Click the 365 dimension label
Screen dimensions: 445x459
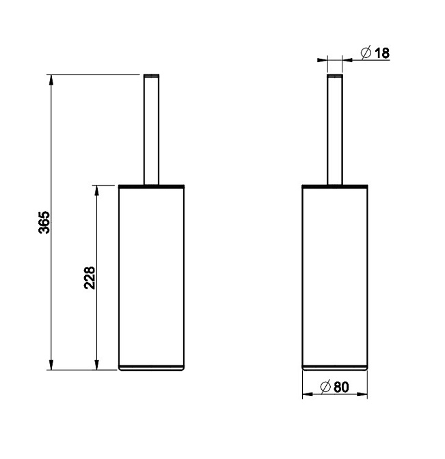(44, 222)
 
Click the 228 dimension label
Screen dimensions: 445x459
(90, 278)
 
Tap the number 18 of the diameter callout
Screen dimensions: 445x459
(382, 53)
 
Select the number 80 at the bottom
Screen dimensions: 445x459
(341, 387)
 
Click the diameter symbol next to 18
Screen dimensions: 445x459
(366, 53)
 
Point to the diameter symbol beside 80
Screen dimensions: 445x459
(325, 387)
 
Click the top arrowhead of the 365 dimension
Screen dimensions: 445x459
(51, 80)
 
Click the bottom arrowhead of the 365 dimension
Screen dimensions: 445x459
(51, 365)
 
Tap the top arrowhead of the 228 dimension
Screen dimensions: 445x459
(96, 191)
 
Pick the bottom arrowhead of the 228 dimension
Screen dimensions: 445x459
(96, 365)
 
